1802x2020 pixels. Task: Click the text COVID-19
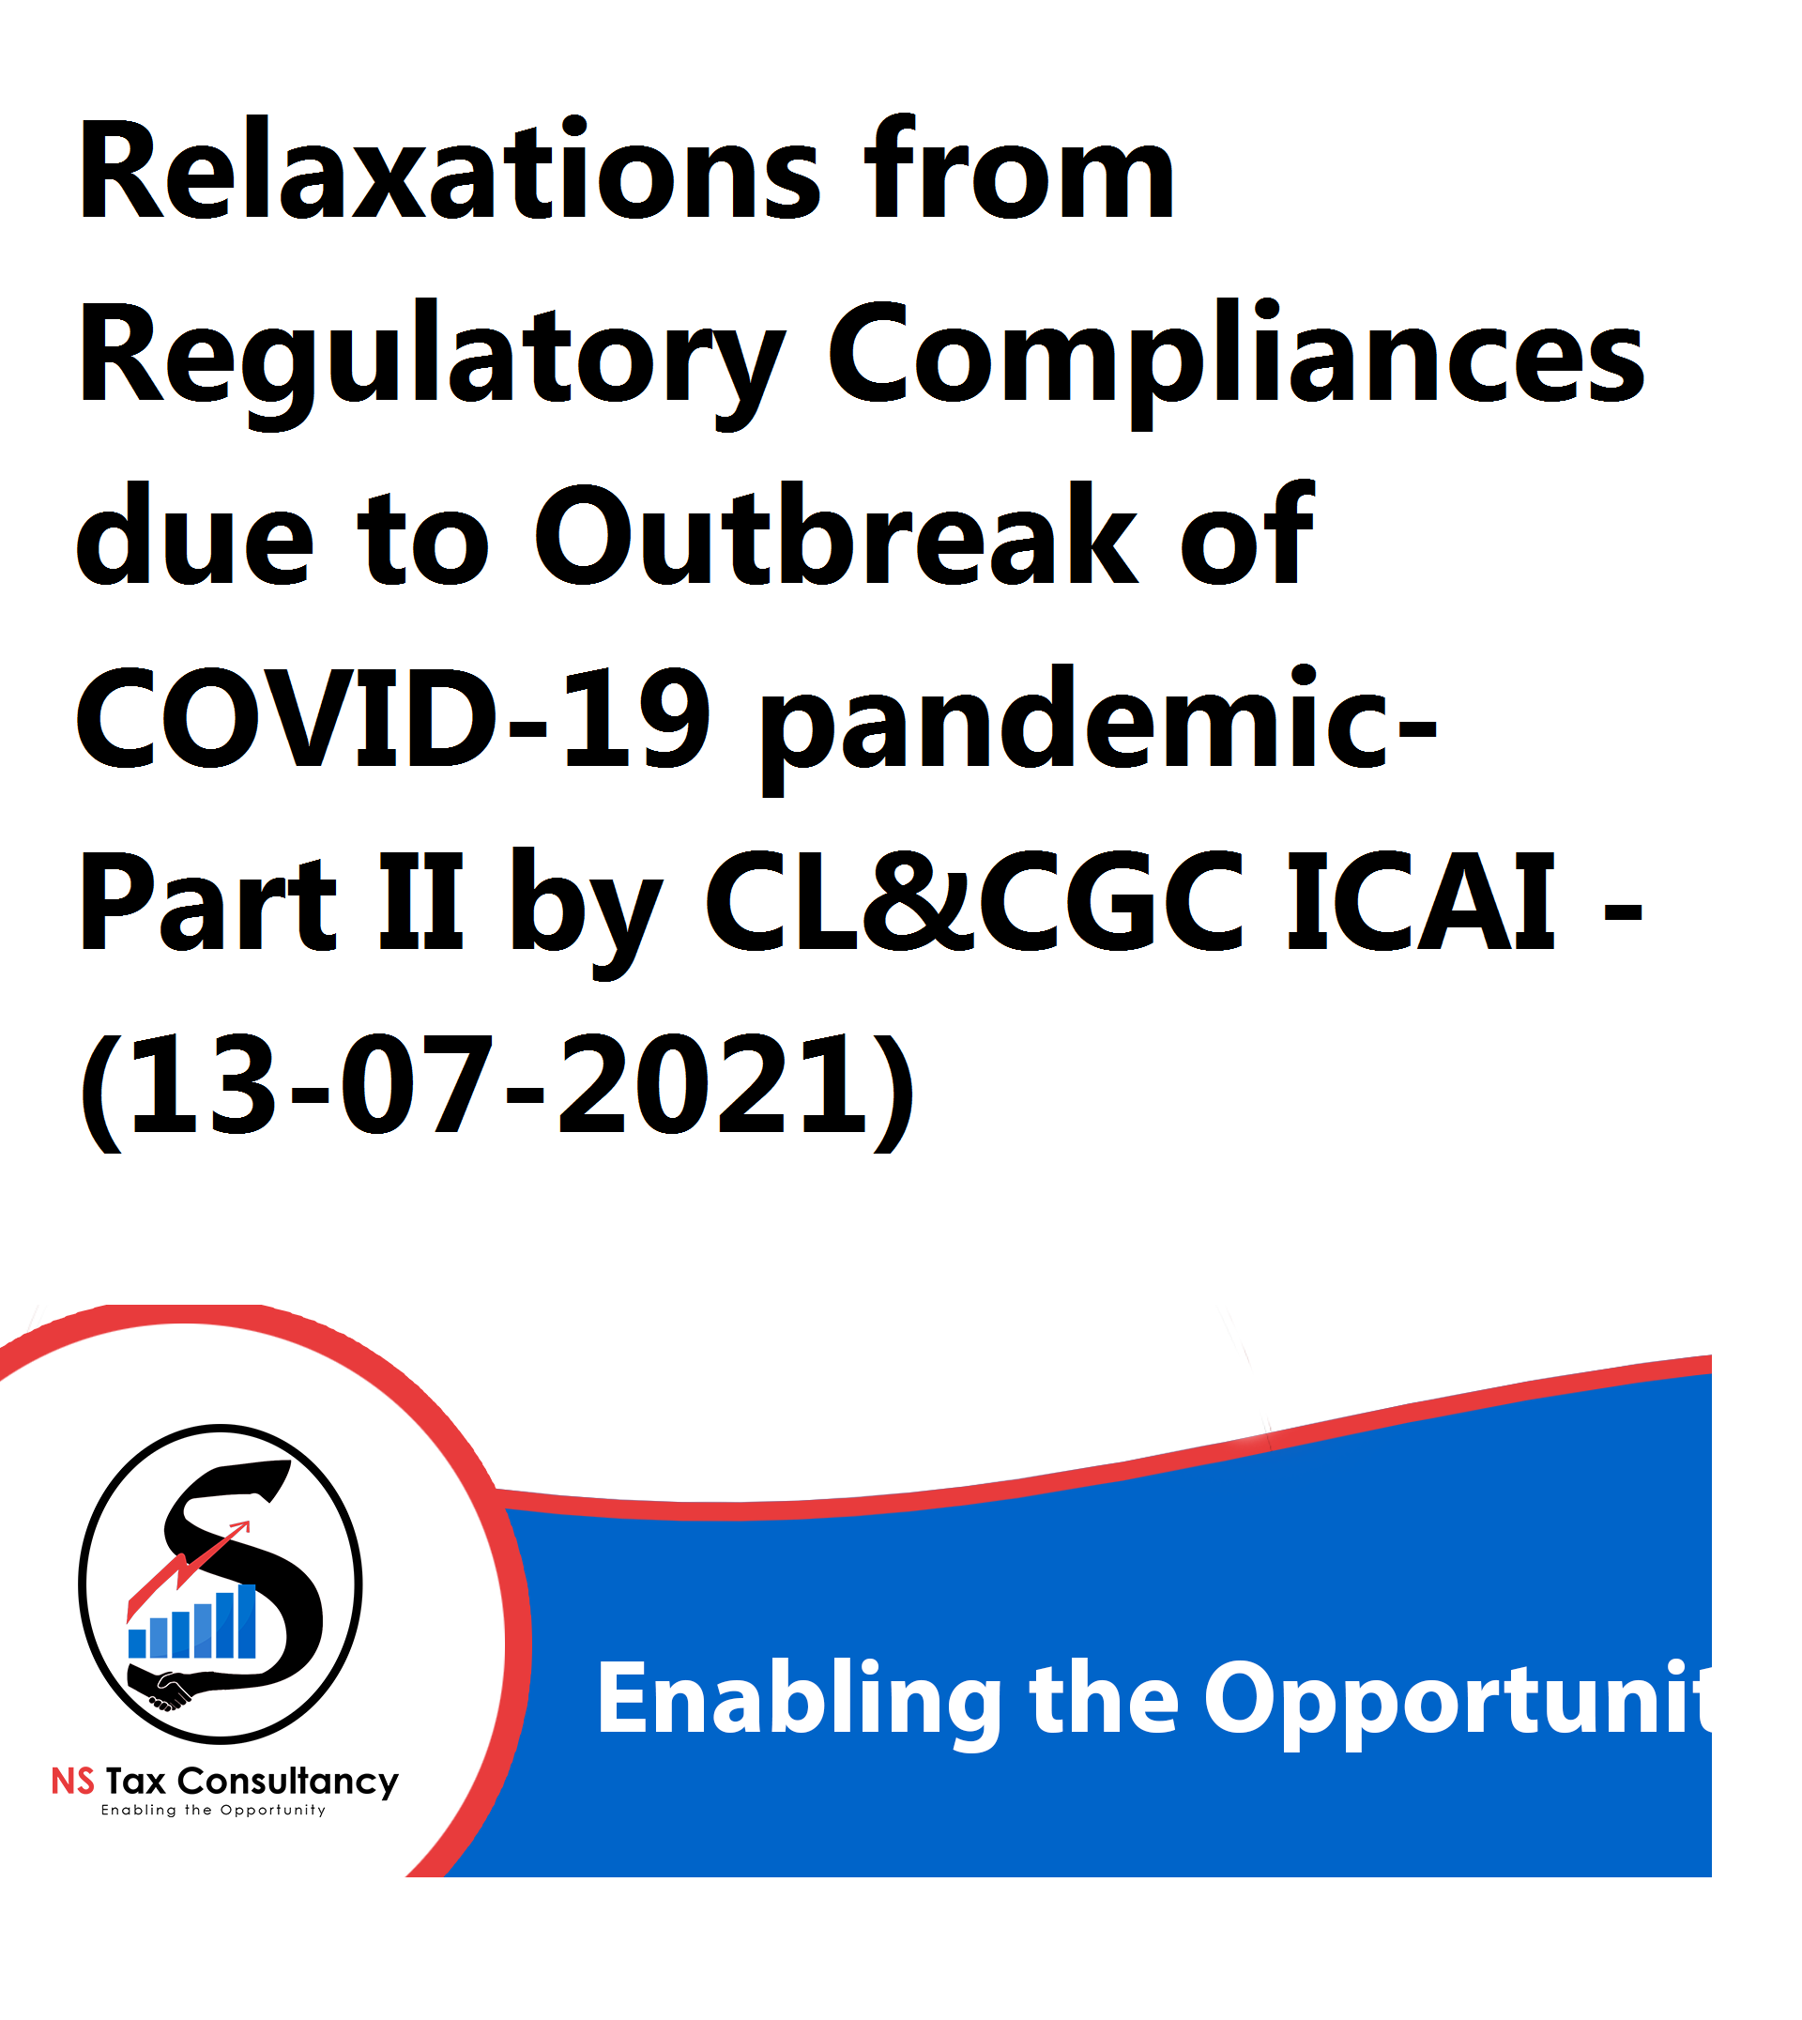(393, 719)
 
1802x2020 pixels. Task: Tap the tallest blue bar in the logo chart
(247, 1621)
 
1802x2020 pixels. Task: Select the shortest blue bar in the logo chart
(138, 1644)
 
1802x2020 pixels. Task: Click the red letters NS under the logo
(72, 1783)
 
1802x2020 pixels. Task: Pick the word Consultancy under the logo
(288, 1783)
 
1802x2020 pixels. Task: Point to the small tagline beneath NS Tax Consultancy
(214, 1811)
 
